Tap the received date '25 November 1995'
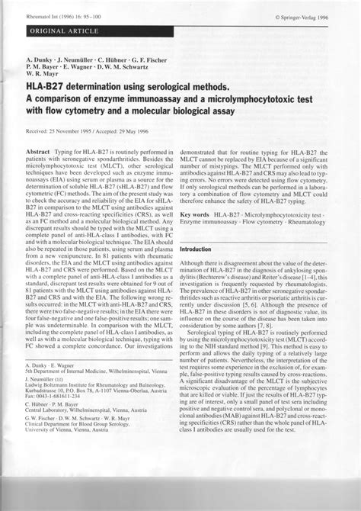pyautogui.click(x=80, y=130)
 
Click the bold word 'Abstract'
pyautogui.click(x=40, y=153)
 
